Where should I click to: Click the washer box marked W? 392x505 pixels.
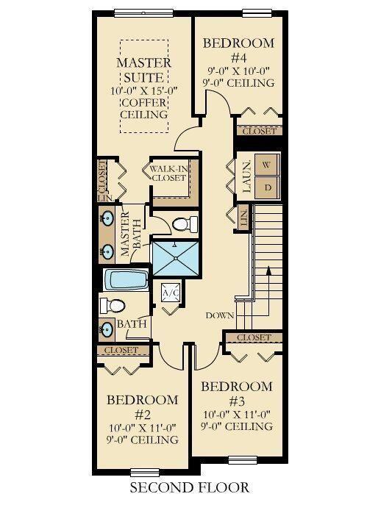coord(266,165)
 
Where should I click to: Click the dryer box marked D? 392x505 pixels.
coord(266,187)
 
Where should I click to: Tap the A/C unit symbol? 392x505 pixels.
coord(170,293)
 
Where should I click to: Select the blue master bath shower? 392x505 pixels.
coord(176,259)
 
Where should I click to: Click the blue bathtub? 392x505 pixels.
coord(126,280)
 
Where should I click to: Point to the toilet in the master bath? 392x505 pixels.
coord(185,224)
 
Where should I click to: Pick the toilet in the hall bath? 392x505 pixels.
coord(112,306)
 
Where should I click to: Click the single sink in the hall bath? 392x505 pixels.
coord(107,329)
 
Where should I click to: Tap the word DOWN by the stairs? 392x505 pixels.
coord(220,315)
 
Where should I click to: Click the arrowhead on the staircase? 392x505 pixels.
coord(268,271)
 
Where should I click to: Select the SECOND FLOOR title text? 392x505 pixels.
coord(190,487)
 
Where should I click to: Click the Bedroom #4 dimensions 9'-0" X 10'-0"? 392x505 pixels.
coord(238,71)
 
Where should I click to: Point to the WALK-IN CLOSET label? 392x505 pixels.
coord(168,173)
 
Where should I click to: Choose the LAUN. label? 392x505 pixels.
coord(246,177)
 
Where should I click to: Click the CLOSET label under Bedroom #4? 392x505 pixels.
coord(260,131)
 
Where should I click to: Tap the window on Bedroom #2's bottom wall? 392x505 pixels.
coord(145,473)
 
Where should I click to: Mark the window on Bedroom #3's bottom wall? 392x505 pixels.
coord(243,460)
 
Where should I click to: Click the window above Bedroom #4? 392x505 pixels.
coord(257,13)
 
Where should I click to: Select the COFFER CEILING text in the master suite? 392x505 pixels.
coord(144,109)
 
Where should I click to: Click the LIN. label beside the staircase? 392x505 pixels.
coord(244,218)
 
